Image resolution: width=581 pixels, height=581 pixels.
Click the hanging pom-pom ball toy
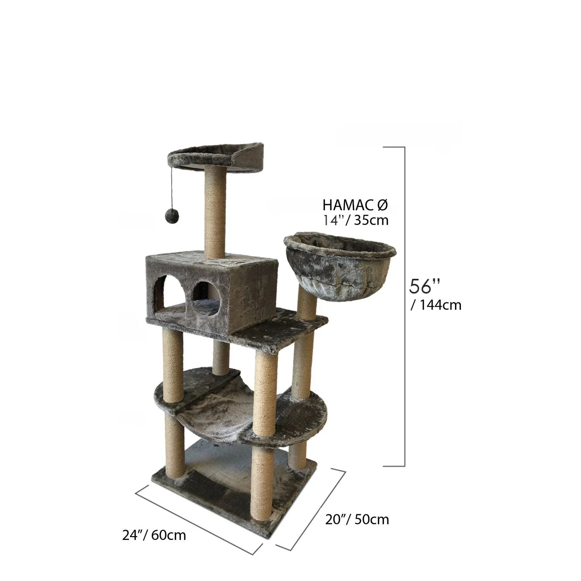(x=171, y=215)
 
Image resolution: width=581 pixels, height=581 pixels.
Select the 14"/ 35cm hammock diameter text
(x=356, y=220)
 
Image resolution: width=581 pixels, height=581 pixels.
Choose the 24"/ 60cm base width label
(x=154, y=535)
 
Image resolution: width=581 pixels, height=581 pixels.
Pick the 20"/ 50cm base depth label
(x=357, y=519)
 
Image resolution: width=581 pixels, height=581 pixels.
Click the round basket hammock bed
(x=340, y=264)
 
